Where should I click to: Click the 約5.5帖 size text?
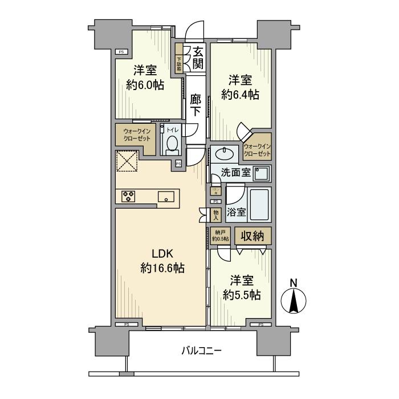click(x=242, y=288)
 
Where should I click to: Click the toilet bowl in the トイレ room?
click(x=172, y=145)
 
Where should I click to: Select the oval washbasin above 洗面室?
click(x=225, y=154)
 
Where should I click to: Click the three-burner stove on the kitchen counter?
click(x=129, y=197)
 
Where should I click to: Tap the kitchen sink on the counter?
click(x=168, y=197)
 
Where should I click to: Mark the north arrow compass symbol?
click(x=294, y=297)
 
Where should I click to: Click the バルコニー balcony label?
click(x=202, y=350)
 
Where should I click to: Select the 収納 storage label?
click(x=251, y=236)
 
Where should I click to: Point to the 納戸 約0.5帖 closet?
click(x=219, y=235)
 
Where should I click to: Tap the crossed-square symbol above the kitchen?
click(x=127, y=161)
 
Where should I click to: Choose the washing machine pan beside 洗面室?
click(x=262, y=173)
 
